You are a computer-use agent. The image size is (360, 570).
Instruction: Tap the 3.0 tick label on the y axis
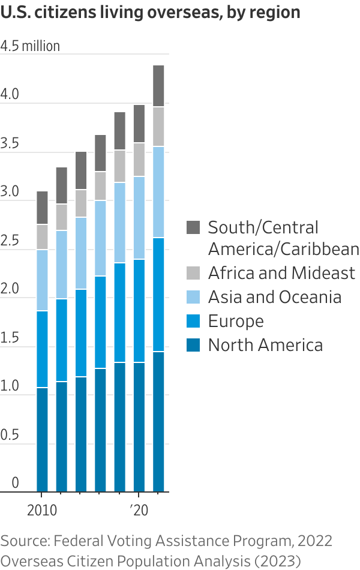[x=10, y=193]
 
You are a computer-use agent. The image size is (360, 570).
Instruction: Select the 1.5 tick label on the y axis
[x=10, y=338]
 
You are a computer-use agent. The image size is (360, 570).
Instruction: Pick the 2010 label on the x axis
[x=41, y=511]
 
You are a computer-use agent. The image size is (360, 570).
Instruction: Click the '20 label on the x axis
[x=139, y=511]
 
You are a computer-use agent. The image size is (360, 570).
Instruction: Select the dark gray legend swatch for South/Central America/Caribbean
[x=193, y=227]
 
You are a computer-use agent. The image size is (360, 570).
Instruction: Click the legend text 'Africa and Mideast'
[x=281, y=273]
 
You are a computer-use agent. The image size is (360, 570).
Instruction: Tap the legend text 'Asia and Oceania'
[x=274, y=297]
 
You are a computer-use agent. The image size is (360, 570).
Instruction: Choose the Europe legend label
[x=236, y=321]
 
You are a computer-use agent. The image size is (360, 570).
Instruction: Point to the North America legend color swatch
[x=193, y=345]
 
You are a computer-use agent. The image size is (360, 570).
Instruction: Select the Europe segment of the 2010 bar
[x=42, y=349]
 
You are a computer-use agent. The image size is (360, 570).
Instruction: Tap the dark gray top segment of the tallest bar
[x=158, y=86]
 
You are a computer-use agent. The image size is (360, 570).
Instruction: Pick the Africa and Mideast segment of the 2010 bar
[x=42, y=237]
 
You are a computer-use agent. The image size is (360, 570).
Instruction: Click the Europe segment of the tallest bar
[x=158, y=295]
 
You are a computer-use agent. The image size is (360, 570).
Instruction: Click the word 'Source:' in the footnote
[x=25, y=541]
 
